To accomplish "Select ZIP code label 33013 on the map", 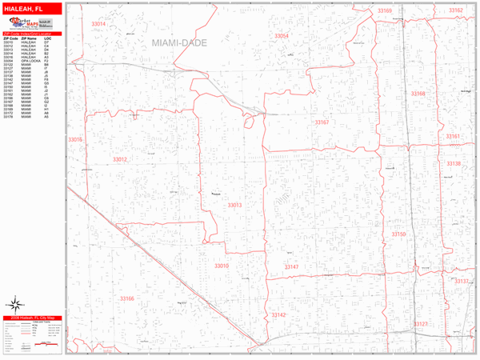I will coord(234,206).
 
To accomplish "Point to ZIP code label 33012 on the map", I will coord(119,159).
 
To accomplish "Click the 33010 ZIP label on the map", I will coord(222,266).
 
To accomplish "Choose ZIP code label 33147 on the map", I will coord(291,266).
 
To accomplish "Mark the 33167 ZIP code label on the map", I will coord(322,122).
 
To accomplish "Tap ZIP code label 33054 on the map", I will coord(281,37).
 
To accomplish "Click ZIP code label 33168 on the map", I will coord(418,94).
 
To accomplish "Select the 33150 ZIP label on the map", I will coord(398,234).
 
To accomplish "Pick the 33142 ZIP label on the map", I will coord(278,315).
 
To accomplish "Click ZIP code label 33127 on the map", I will coord(421,324).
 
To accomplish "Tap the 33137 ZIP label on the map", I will coord(462,282).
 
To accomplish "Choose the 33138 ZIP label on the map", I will coord(454,164).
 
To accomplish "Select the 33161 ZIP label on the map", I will coord(454,137).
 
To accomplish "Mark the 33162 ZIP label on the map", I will coord(455,10).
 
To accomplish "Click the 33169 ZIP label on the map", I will coord(385,11).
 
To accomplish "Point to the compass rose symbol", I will coord(15,303).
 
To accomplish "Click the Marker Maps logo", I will coord(28,25).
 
